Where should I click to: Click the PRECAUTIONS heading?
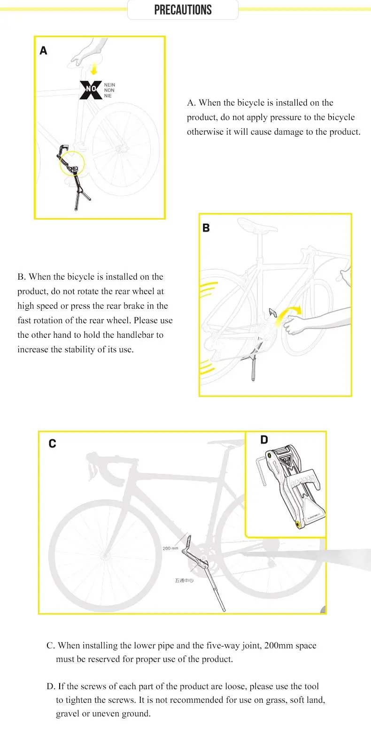(183, 10)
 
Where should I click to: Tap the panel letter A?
(44, 51)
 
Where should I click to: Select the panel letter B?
(206, 228)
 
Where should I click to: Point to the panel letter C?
(52, 444)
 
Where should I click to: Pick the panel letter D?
(264, 440)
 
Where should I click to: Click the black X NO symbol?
(91, 90)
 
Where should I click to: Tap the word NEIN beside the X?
(109, 85)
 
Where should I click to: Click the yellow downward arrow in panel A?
(94, 70)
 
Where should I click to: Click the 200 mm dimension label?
(170, 548)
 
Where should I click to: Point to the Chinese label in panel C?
(184, 580)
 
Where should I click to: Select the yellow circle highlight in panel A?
(72, 163)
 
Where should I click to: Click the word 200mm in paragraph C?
(278, 646)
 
